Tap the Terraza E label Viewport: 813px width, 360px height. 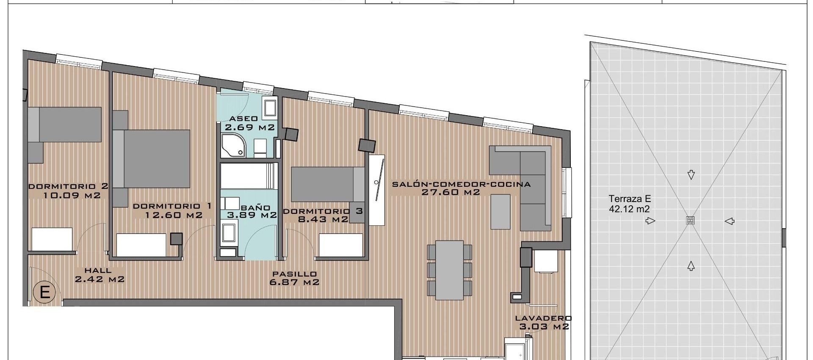629,199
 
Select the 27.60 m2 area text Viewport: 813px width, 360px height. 451,192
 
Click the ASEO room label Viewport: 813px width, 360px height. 243,119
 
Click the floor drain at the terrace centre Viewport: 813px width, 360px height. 691,221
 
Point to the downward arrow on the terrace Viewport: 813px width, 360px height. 691,174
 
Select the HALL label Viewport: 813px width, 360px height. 98,270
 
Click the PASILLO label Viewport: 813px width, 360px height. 294,274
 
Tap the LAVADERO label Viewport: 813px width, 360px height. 543,318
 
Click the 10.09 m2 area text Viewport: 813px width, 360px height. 72,195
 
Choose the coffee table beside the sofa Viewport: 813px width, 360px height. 501,211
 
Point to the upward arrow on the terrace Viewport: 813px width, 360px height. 691,266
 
